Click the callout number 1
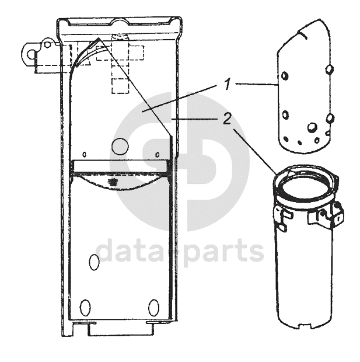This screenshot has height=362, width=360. [228, 84]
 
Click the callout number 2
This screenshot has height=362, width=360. [228, 119]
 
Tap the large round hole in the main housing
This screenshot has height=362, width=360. [120, 147]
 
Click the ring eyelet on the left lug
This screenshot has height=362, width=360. [30, 55]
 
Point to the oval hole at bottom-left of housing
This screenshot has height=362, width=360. [85, 307]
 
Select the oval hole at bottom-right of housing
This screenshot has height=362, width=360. [153, 307]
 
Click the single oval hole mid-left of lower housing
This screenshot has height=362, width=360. [94, 262]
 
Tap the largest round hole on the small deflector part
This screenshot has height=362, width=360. [312, 127]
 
